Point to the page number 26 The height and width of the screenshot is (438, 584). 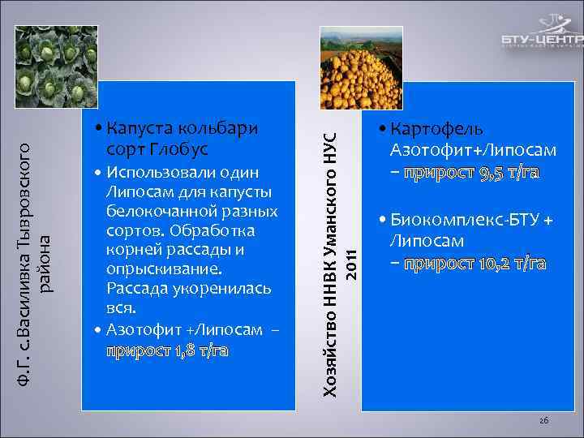(544, 419)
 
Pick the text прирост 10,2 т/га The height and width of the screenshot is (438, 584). (475, 264)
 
